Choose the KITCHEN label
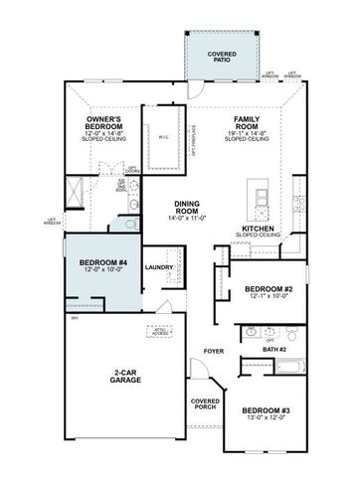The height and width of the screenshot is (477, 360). coord(259,228)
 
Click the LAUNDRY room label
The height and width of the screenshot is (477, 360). coord(159,267)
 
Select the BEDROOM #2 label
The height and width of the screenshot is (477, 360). coord(267,289)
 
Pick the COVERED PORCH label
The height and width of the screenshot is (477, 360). coord(205,404)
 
